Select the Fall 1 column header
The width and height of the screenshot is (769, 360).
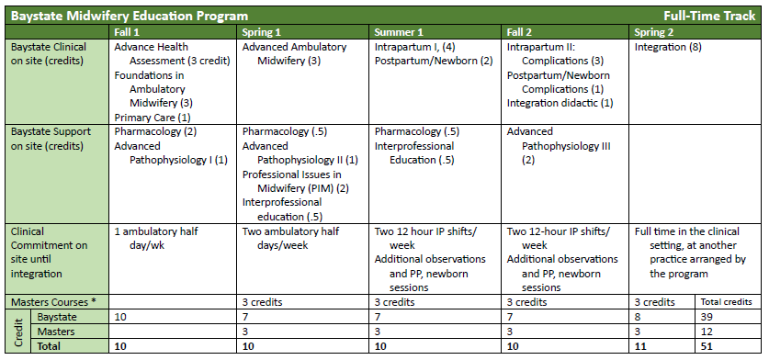127,32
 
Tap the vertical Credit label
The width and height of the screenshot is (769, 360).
17,331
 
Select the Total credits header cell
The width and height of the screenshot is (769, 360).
726,302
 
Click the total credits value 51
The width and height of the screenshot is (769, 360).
707,347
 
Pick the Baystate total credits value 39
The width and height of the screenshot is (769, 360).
707,317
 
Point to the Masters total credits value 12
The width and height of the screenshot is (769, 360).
707,332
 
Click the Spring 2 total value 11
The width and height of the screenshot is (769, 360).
640,347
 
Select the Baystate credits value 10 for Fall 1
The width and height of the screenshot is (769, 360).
120,317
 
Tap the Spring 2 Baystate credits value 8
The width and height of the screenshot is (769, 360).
639,317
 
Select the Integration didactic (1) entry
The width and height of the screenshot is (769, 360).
560,103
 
